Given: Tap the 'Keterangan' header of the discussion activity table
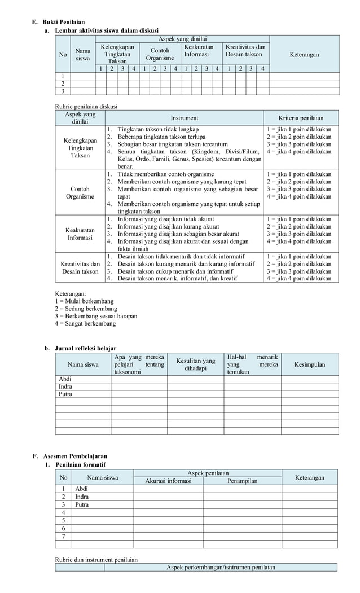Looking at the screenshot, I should (304, 55).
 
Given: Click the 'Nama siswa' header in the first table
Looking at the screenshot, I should (83, 54).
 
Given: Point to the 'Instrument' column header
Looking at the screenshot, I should (185, 118).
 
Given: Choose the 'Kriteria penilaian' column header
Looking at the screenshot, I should (301, 118).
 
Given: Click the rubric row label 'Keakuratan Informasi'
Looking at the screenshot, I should (80, 234).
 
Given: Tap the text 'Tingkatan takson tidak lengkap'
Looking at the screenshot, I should (157, 129).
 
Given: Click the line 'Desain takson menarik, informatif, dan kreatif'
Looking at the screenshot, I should (177, 278).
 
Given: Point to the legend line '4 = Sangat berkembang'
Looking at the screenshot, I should (85, 324).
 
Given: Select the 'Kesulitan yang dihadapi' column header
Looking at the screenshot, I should (195, 364).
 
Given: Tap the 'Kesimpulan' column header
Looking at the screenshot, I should (310, 364).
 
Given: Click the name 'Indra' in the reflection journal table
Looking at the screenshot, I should (65, 386).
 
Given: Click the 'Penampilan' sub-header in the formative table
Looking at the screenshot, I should (243, 481).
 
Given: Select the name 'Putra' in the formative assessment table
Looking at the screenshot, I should (82, 504).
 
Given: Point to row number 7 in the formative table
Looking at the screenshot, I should (63, 536).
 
